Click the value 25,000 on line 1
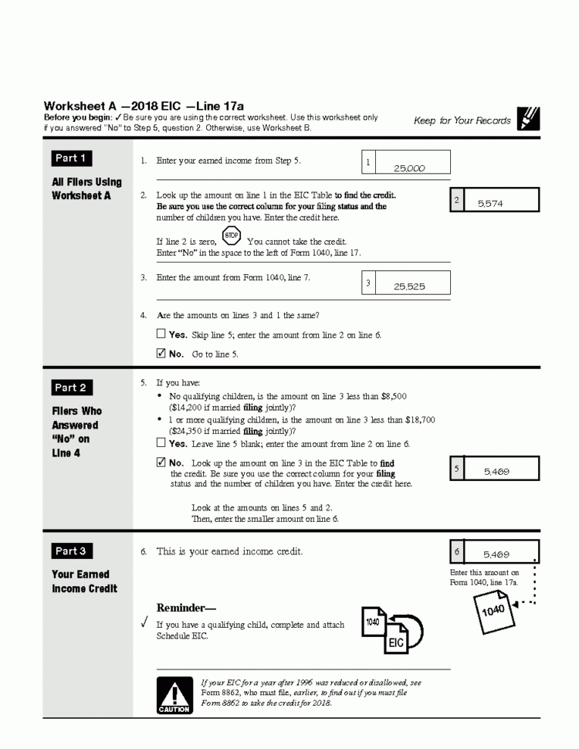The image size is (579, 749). point(409,168)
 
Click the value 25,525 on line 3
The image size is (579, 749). point(409,286)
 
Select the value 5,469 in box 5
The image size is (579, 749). point(496,471)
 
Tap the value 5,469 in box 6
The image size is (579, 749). point(496,554)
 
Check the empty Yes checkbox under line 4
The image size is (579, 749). point(161,335)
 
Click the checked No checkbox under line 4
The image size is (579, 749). point(161,354)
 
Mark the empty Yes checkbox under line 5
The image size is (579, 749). point(161,444)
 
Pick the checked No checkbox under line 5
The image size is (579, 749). point(161,463)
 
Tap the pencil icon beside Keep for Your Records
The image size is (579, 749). point(529,118)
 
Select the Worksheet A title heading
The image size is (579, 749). point(144,106)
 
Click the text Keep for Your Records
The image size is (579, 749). point(462,120)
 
